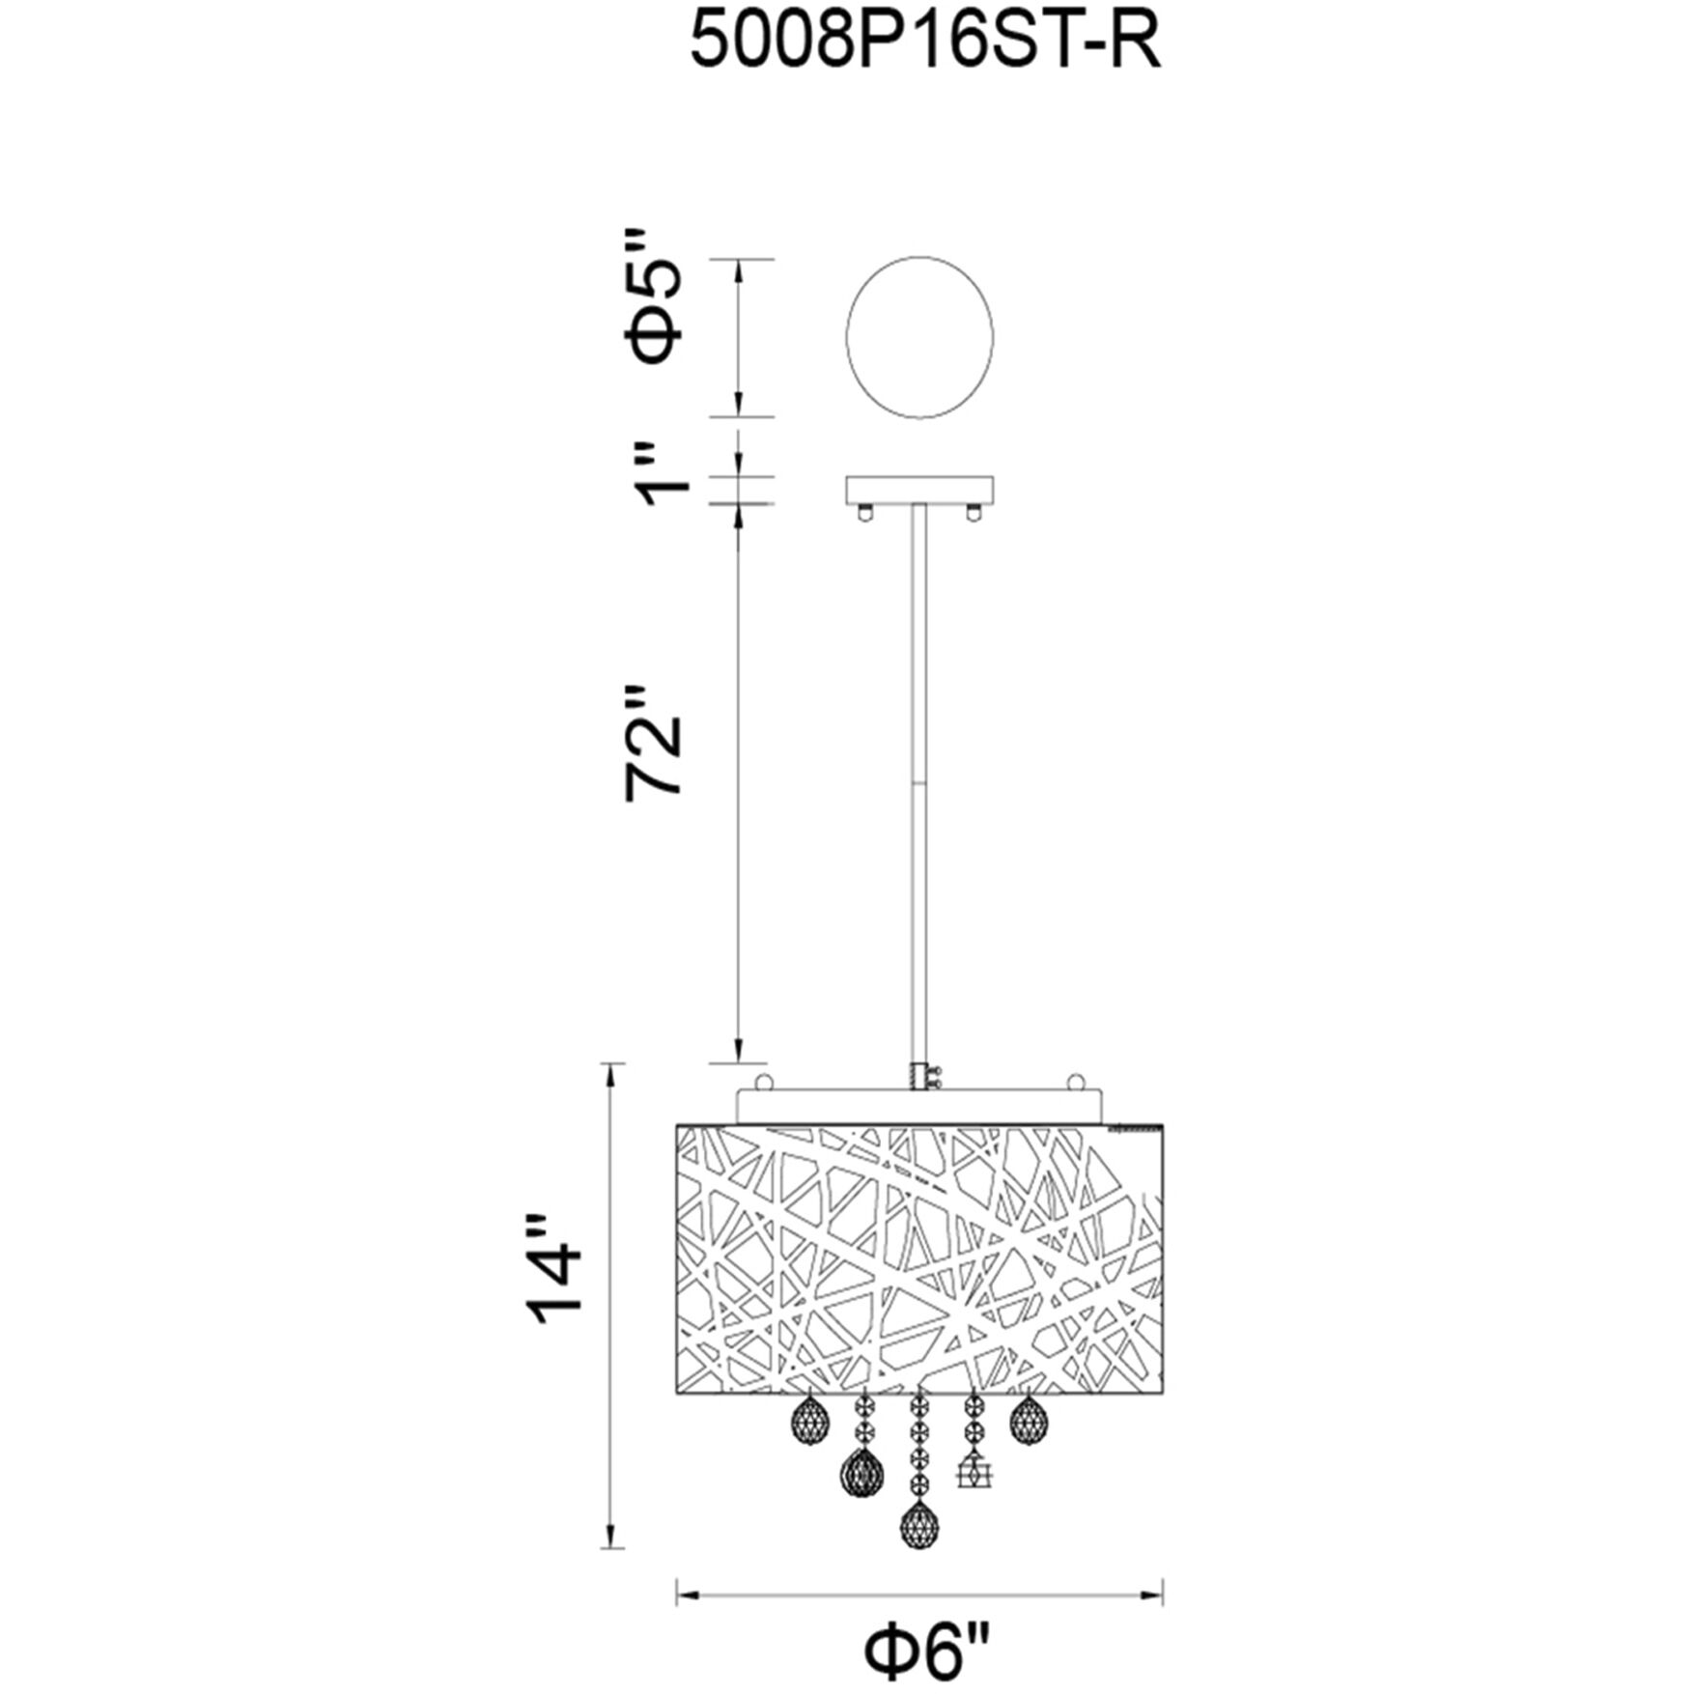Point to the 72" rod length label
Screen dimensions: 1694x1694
coord(654,744)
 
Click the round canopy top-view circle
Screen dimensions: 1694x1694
coord(919,337)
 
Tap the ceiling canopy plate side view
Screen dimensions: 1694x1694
coord(919,492)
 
